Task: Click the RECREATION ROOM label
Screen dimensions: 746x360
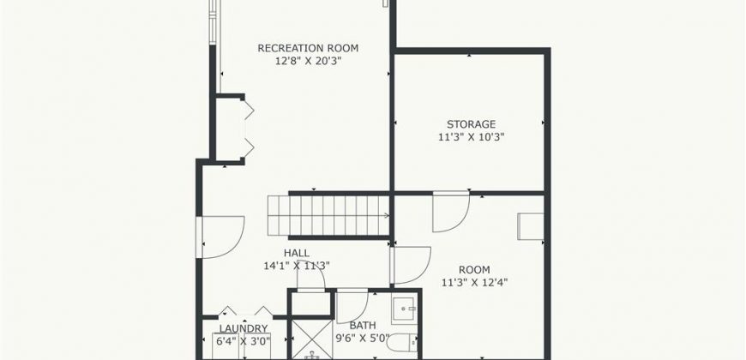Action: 308,48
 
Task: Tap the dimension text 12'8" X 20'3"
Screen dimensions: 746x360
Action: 309,61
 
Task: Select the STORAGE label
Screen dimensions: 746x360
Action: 471,124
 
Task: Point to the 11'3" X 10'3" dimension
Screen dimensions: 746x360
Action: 471,137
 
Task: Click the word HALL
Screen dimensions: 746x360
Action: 297,253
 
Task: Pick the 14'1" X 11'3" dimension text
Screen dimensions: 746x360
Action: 297,266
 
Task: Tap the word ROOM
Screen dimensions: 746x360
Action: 474,270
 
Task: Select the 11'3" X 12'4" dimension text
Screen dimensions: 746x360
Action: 475,283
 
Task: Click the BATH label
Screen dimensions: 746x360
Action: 363,326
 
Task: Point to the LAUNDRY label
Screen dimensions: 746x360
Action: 244,328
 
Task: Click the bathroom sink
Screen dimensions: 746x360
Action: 404,309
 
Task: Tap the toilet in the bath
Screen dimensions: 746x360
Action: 402,342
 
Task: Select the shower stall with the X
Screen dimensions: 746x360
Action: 311,339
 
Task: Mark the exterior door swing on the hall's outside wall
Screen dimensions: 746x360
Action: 223,237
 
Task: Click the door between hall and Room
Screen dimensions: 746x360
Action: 411,266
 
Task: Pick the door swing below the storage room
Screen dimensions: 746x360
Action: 451,212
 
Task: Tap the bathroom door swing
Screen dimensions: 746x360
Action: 352,306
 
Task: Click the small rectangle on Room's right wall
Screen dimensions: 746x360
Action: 531,226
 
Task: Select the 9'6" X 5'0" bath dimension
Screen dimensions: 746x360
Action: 363,339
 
